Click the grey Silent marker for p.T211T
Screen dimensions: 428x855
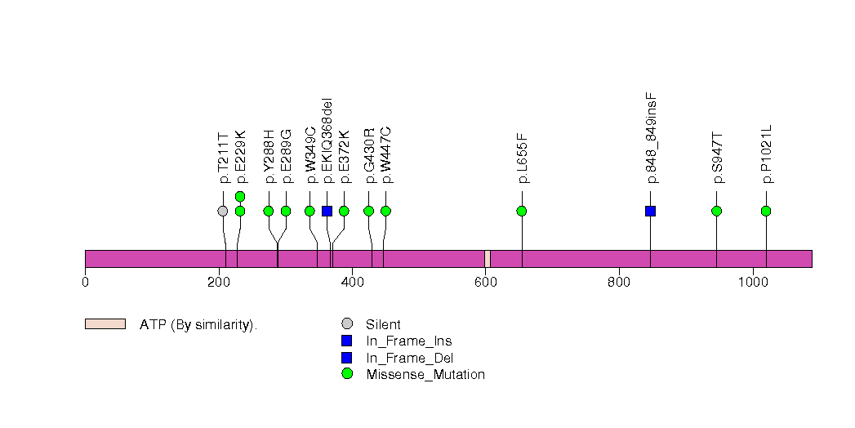pyautogui.click(x=223, y=211)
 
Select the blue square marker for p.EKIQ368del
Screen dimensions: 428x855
pyautogui.click(x=327, y=211)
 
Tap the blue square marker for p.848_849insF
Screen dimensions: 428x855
pyautogui.click(x=650, y=211)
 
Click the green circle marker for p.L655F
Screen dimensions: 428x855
pyautogui.click(x=522, y=211)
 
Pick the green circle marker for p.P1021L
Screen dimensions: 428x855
pyautogui.click(x=766, y=211)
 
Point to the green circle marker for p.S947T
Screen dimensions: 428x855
pyautogui.click(x=716, y=211)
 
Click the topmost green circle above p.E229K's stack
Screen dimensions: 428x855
pyautogui.click(x=240, y=196)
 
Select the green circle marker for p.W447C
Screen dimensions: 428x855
pyautogui.click(x=385, y=211)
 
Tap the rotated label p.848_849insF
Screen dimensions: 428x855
pyautogui.click(x=651, y=138)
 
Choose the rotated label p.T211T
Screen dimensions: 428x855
pyautogui.click(x=223, y=158)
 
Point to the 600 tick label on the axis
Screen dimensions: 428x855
pyautogui.click(x=485, y=283)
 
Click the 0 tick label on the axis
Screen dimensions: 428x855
pyautogui.click(x=85, y=283)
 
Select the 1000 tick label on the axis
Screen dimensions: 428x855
pyautogui.click(x=752, y=283)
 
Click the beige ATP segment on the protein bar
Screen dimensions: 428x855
pyautogui.click(x=488, y=258)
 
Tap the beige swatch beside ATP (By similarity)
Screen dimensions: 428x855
pyautogui.click(x=105, y=324)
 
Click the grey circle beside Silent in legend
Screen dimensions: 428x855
pyautogui.click(x=347, y=324)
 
